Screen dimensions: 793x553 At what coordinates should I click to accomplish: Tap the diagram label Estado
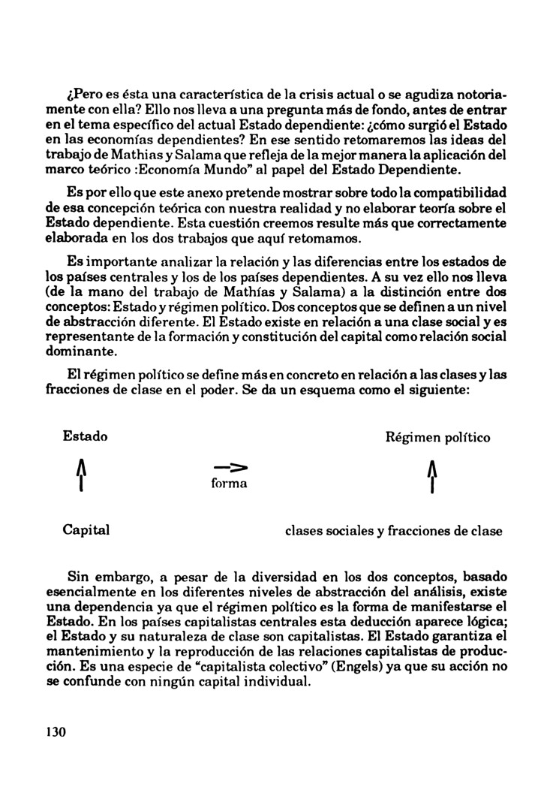[x=85, y=436]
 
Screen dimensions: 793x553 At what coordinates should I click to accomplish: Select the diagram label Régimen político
[x=438, y=436]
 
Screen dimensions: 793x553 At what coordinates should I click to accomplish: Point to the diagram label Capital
[x=86, y=530]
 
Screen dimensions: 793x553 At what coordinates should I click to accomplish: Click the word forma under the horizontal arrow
[x=230, y=484]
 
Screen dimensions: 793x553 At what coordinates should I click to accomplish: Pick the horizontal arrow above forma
[x=227, y=466]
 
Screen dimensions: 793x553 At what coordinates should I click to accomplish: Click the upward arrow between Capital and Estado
[x=80, y=476]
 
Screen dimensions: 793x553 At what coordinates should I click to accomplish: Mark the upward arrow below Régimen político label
[x=431, y=476]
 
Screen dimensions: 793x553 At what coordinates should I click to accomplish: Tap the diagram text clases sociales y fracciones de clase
[x=394, y=531]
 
